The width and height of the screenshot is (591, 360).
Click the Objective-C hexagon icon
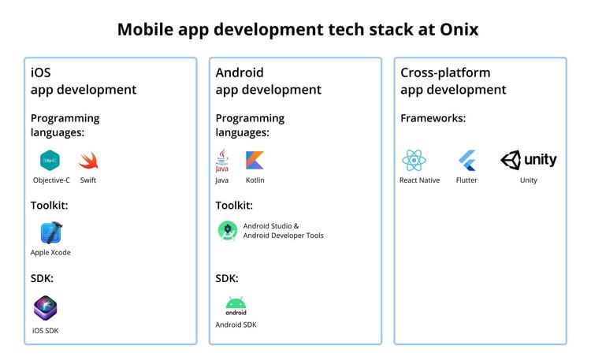50,161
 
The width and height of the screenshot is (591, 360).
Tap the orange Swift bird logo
87,161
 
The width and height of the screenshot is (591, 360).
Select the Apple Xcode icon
51,233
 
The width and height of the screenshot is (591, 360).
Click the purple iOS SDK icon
46,307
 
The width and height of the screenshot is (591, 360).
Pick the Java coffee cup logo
222,161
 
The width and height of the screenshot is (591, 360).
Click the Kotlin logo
255,161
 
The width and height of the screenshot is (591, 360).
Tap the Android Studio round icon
228,231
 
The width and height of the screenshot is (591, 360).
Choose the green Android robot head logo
236,303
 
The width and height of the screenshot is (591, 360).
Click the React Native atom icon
414,161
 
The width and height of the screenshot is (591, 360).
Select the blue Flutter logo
467,161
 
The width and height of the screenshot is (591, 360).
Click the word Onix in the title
455,30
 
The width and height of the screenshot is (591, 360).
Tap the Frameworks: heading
433,118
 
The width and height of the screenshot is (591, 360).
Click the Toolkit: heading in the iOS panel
49,206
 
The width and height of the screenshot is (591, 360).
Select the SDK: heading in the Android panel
227,279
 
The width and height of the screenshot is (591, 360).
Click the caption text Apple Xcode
50,253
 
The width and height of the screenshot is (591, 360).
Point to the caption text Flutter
466,180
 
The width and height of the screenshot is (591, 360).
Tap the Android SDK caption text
236,325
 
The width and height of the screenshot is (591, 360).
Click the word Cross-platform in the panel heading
445,72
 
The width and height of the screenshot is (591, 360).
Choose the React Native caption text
419,180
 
